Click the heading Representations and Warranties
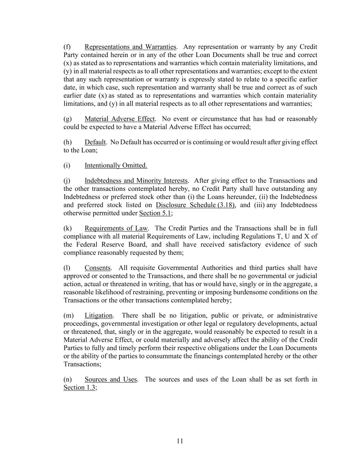point(130,47)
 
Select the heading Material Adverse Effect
point(119,119)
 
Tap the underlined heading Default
point(95,142)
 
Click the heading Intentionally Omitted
point(116,166)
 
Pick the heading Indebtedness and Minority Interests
point(136,181)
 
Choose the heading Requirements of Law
point(116,228)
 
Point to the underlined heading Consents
point(98,268)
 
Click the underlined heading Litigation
point(98,315)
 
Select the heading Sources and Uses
point(111,379)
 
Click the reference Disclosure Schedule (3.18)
point(195,205)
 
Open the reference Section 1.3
point(80,387)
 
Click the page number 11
point(180,441)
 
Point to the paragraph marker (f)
point(67,47)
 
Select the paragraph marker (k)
point(67,228)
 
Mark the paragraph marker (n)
point(68,379)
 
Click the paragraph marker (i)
point(67,166)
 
